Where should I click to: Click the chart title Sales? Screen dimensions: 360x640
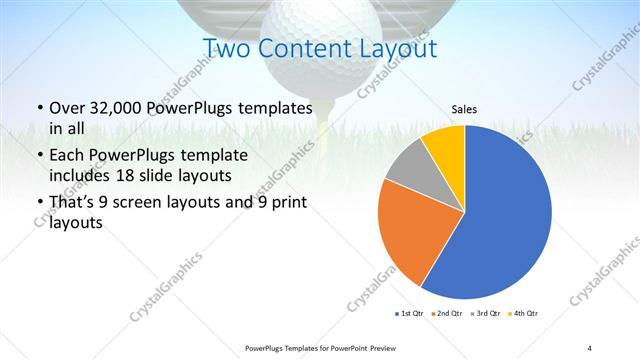pyautogui.click(x=464, y=108)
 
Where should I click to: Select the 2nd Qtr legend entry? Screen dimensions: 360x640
pyautogui.click(x=449, y=315)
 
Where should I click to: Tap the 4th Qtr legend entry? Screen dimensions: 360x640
pyautogui.click(x=525, y=315)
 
